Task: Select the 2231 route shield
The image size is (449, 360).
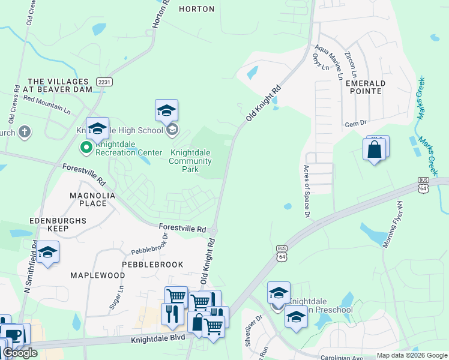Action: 104,82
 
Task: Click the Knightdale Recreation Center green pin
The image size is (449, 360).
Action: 86,146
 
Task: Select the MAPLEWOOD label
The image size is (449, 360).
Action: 97,275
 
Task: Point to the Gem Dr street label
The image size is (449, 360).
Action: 355,124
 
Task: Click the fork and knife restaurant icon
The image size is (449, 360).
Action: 172,314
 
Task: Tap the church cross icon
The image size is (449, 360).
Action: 24,132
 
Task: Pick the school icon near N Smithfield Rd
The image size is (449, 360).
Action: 47,253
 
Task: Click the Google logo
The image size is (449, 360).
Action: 20,353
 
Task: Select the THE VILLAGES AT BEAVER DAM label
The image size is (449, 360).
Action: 60,85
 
